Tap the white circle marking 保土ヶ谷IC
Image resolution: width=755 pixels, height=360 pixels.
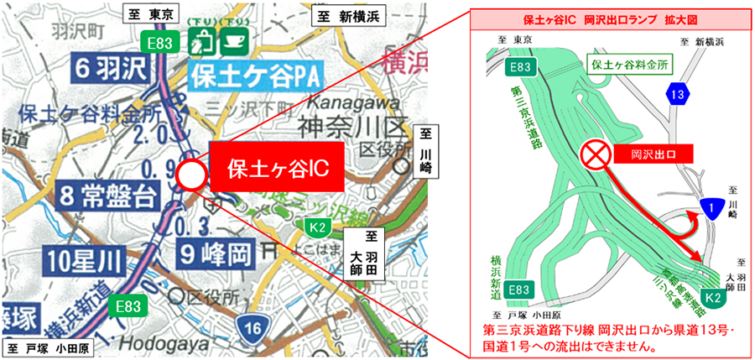(191, 175)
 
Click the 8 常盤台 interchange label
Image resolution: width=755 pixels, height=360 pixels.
(109, 198)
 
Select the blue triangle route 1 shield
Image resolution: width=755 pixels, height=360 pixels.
(711, 208)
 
